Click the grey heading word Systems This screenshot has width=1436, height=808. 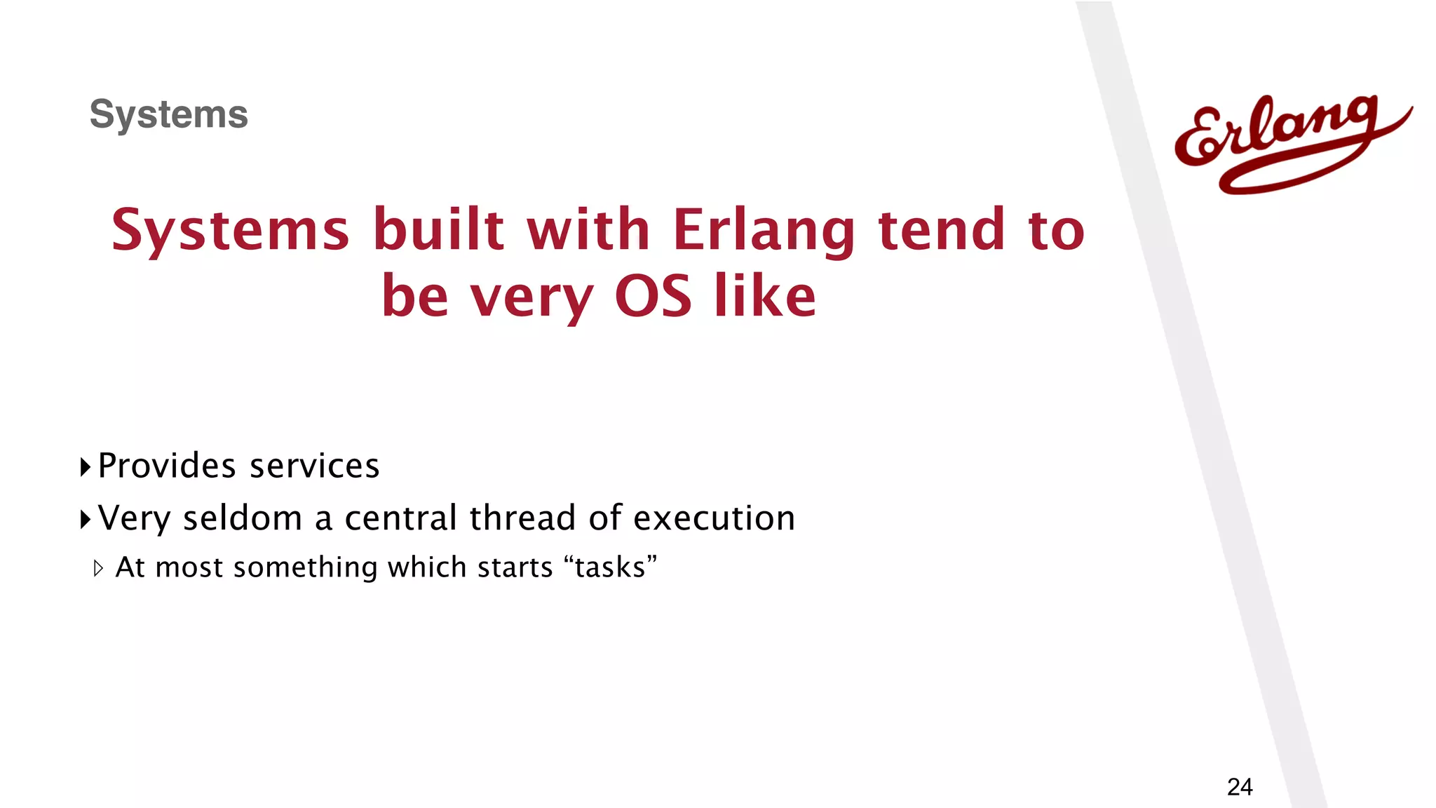(x=168, y=114)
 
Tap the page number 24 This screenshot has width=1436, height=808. (x=1240, y=787)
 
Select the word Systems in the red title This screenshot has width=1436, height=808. (x=230, y=231)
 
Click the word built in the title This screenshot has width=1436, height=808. (x=438, y=229)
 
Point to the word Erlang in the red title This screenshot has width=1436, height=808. (x=764, y=231)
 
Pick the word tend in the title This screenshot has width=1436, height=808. (x=942, y=229)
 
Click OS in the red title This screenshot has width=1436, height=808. (x=653, y=296)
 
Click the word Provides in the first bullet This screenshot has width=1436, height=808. (x=167, y=466)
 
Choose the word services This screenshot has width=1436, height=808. (x=315, y=466)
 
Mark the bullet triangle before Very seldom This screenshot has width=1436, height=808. (x=86, y=520)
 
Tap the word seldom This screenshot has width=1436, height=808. (x=242, y=518)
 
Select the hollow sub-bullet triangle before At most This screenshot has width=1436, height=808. (x=98, y=568)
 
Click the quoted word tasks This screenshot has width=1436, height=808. (x=610, y=567)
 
